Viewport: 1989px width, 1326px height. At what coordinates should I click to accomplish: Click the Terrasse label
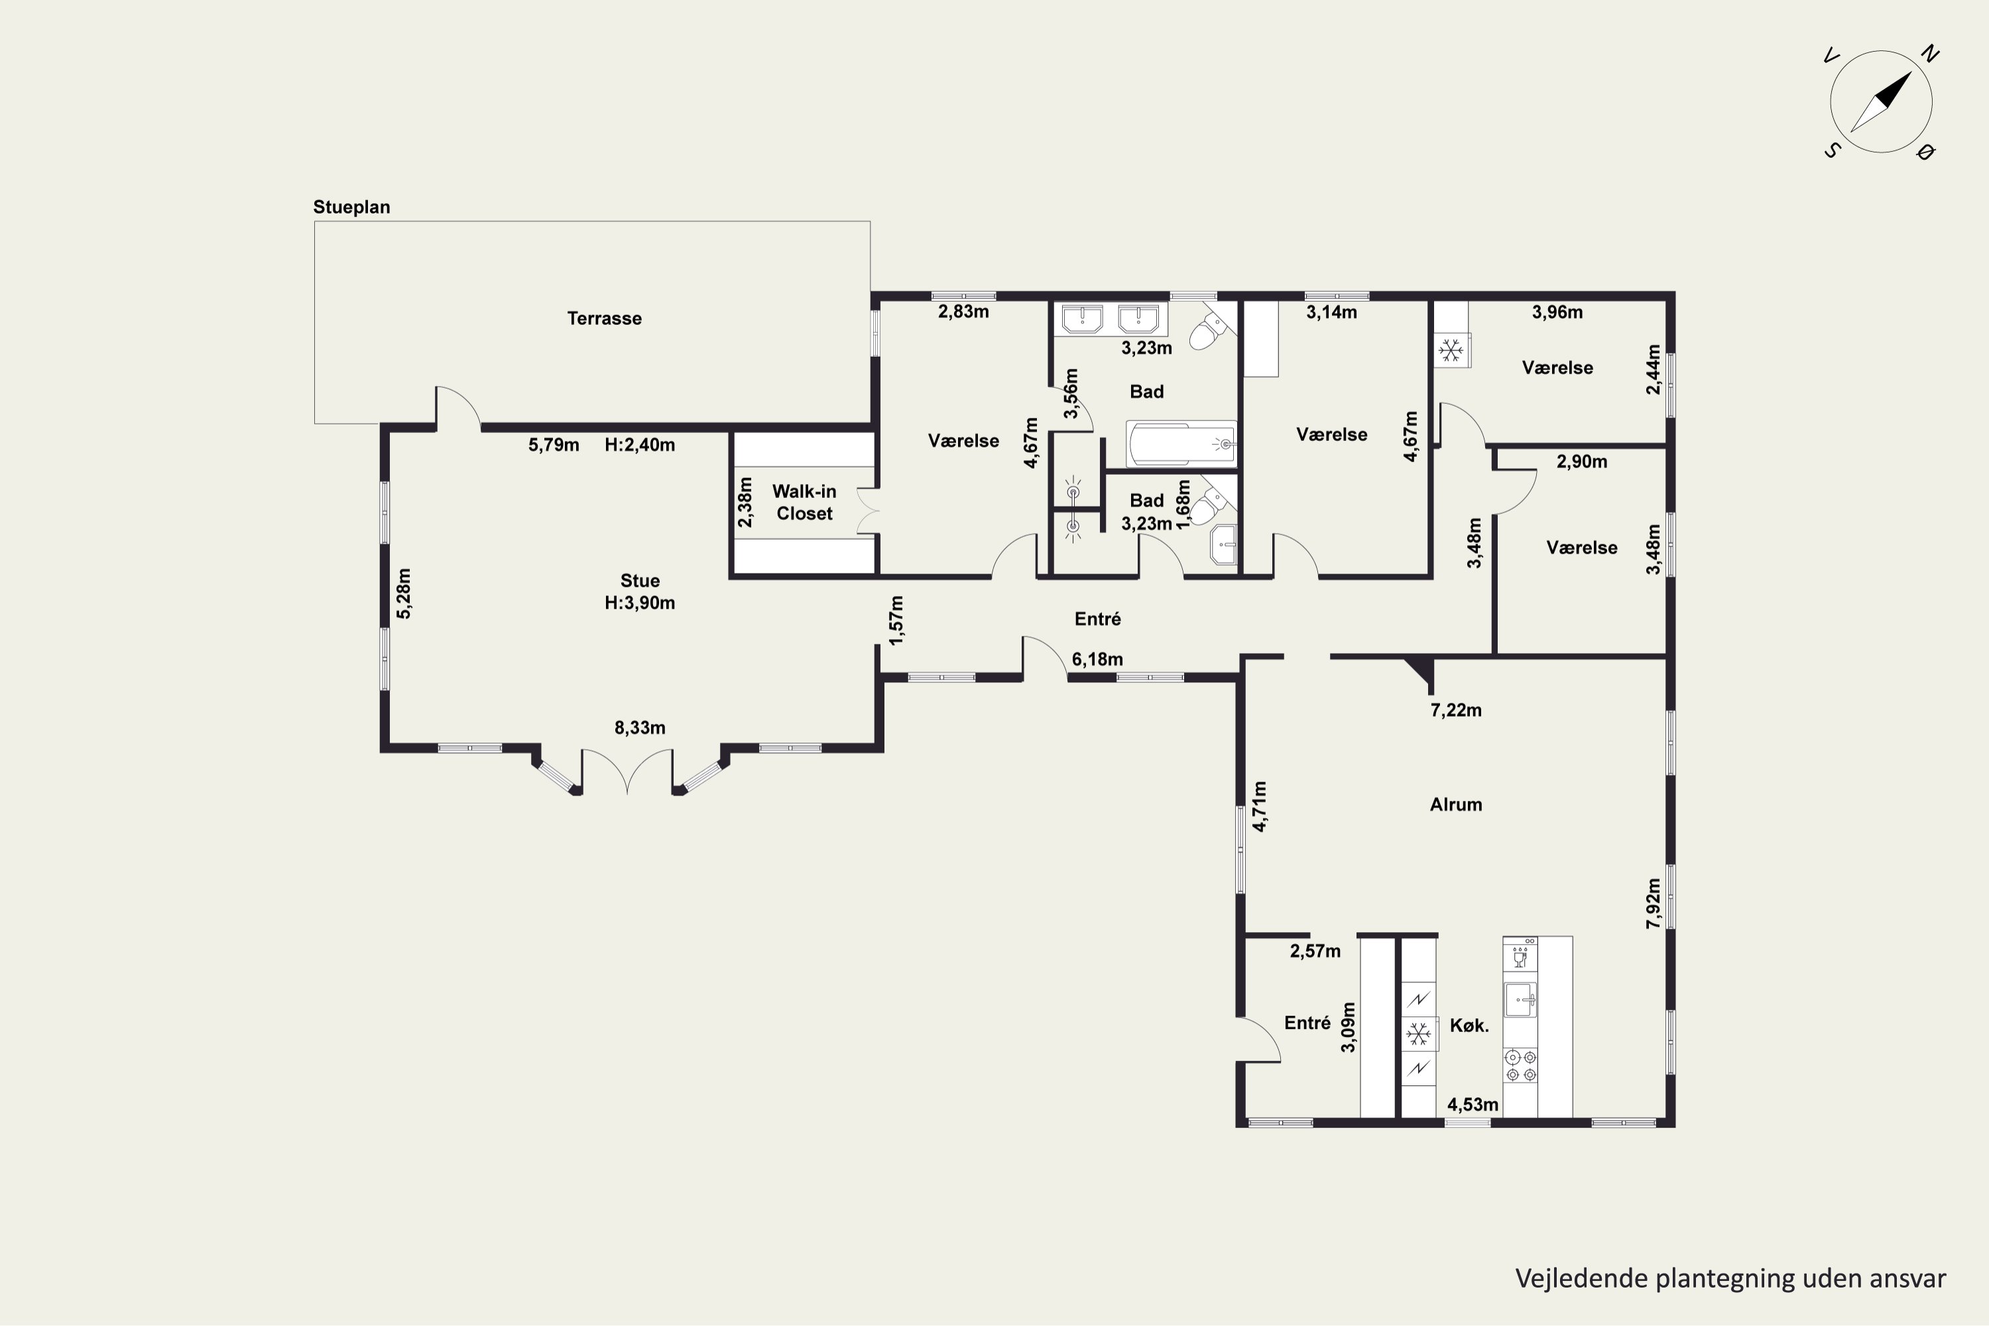pos(604,319)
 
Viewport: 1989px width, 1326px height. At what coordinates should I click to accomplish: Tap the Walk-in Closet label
pos(804,503)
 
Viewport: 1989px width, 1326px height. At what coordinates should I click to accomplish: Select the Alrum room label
pos(1455,804)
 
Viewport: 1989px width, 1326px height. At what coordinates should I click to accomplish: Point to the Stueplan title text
pos(352,207)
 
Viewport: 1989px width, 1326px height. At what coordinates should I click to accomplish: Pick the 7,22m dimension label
pos(1456,710)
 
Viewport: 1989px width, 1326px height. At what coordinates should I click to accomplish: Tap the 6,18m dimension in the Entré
pos(1097,659)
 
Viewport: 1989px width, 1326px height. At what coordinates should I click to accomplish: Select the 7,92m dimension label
pos(1654,903)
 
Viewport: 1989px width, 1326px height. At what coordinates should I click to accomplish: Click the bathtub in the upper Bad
pos(1181,443)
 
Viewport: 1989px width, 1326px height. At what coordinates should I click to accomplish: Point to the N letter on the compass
pos(1930,54)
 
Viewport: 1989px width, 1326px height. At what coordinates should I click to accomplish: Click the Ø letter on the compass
pos(1927,151)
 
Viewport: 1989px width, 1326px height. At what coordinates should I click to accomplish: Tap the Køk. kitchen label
pos(1470,1026)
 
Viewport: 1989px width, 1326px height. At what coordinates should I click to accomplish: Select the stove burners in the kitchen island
pos(1520,1065)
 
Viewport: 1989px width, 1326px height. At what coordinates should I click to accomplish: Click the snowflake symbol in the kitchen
pos(1418,1034)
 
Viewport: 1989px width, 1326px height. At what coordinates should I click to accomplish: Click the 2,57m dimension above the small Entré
pos(1315,951)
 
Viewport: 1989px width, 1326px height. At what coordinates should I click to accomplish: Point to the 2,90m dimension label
pos(1582,461)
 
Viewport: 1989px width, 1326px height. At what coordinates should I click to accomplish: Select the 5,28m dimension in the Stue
pos(404,593)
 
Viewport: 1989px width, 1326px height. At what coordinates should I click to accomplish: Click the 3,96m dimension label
pos(1557,312)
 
